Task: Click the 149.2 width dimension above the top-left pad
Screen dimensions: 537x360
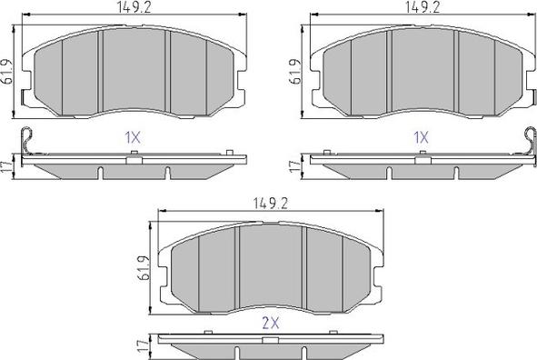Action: click(134, 7)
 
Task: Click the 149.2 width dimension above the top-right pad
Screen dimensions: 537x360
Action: click(423, 7)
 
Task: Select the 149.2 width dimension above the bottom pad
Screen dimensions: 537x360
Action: click(271, 204)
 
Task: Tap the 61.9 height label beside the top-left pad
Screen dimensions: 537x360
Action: click(7, 72)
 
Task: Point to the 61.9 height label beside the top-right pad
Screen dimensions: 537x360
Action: click(296, 72)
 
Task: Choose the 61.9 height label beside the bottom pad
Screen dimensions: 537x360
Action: click(144, 268)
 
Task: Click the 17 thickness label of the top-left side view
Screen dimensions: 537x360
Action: click(7, 166)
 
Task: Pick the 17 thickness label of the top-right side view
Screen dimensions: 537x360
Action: click(295, 166)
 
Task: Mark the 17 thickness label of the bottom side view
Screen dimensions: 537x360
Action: click(144, 346)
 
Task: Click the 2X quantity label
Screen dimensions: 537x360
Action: click(271, 323)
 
